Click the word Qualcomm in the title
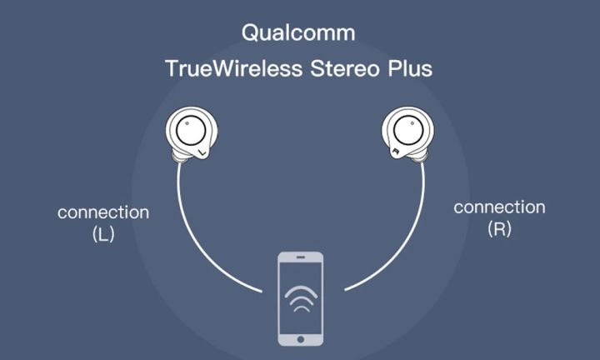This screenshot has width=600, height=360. tap(298, 32)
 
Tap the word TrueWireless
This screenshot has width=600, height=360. tap(234, 68)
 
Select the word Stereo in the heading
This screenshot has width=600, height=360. tap(345, 68)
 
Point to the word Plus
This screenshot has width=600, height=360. tap(410, 68)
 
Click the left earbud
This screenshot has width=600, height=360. tap(192, 133)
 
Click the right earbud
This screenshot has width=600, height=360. tap(408, 133)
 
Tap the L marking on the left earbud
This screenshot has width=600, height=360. tap(202, 153)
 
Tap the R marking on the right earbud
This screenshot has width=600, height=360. tap(397, 152)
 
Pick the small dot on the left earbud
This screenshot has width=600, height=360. tap(187, 123)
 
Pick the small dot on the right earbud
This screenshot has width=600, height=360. tap(412, 123)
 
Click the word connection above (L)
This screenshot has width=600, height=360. tap(103, 212)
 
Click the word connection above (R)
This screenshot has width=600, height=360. tap(499, 207)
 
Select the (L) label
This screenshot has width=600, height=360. tap(103, 234)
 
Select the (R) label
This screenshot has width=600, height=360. tap(499, 229)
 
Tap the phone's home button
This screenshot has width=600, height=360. tap(301, 339)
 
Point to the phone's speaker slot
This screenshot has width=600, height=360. tap(301, 257)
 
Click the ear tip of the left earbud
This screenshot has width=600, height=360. tap(178, 157)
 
